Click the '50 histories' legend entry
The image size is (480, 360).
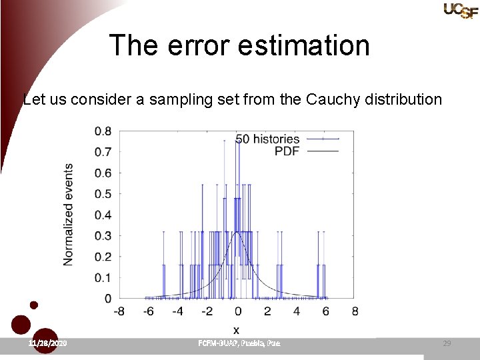[x=267, y=139]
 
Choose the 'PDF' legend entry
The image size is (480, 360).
[x=287, y=151]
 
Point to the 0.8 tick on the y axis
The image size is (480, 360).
[x=103, y=131]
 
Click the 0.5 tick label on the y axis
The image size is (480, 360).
[x=103, y=194]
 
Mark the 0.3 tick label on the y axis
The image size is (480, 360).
[x=103, y=236]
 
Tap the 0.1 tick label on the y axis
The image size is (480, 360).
[x=103, y=278]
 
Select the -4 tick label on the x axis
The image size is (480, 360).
[x=177, y=311]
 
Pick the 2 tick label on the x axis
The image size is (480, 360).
[x=267, y=311]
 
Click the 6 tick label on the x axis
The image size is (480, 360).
[x=325, y=311]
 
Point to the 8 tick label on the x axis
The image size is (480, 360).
[x=355, y=311]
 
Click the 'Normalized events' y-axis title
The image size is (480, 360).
[x=69, y=215]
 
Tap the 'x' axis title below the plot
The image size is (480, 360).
[x=236, y=329]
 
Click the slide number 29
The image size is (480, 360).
[x=447, y=343]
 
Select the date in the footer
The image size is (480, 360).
[x=47, y=343]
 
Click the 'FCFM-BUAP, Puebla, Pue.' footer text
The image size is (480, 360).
[x=239, y=343]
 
